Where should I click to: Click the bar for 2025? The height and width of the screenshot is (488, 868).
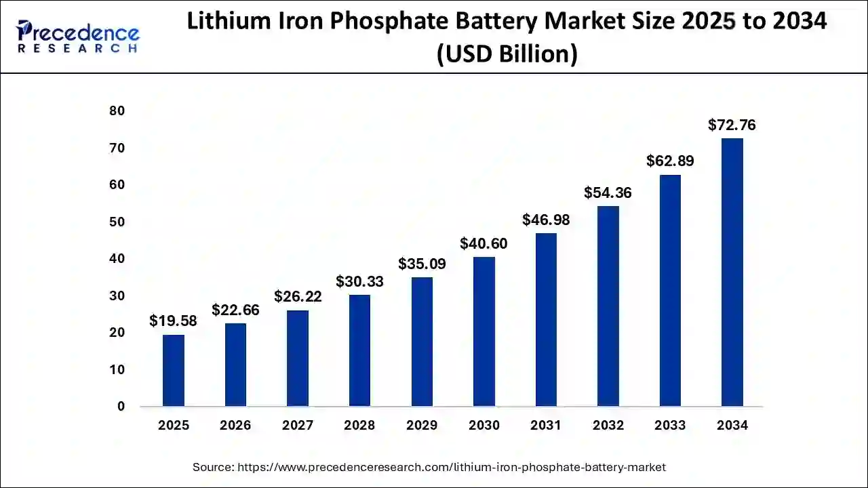[174, 370]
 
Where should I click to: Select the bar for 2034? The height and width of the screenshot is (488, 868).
[732, 272]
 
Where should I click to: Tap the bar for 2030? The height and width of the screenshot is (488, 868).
[484, 331]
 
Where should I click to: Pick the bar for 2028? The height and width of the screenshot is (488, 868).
[359, 350]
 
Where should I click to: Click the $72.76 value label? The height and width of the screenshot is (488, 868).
[732, 125]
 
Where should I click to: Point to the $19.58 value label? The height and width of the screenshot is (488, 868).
[173, 321]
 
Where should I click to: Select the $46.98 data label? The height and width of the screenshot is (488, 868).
[546, 220]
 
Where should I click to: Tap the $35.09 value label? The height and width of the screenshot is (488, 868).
[422, 264]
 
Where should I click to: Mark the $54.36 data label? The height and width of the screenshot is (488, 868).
[608, 192]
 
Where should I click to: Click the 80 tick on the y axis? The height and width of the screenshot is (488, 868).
[117, 111]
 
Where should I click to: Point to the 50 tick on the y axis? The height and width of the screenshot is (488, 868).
[117, 222]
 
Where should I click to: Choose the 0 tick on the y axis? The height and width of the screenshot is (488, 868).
[121, 407]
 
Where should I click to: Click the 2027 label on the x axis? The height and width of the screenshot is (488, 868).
[298, 426]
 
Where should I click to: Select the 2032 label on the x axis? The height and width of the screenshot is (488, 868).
[608, 426]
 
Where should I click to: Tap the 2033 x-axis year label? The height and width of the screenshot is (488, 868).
[670, 426]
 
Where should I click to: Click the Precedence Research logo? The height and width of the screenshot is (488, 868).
[78, 37]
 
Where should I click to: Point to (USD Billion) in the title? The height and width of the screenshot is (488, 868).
[507, 53]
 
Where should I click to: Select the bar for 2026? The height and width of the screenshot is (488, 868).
[235, 365]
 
